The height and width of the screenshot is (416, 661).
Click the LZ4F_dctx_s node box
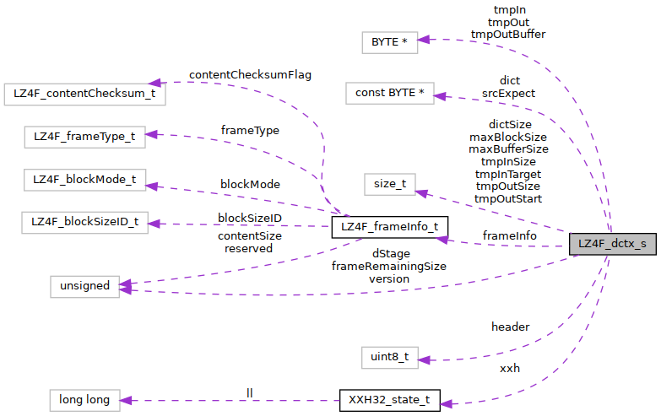pos(612,245)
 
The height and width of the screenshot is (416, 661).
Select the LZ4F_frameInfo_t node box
pos(389,227)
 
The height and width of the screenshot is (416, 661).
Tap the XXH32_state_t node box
pos(389,400)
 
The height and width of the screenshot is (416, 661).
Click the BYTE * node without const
pos(389,42)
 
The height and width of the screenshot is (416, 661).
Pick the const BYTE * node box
pos(389,92)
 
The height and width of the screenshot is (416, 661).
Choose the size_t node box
pos(389,185)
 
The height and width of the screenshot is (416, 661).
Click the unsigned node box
pos(84,285)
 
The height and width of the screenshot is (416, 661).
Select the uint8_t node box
pos(389,357)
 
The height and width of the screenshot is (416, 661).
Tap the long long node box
pos(84,400)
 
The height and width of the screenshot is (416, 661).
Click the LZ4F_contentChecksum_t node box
pos(84,93)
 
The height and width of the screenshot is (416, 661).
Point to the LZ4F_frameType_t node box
pos(84,136)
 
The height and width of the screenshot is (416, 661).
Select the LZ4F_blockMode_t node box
pos(84,180)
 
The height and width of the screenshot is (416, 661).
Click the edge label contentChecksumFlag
pos(250,75)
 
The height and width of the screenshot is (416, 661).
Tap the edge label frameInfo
pos(509,235)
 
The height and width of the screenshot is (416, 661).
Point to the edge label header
pos(510,327)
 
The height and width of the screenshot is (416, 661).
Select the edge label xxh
pos(510,369)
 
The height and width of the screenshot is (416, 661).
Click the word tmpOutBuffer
pos(508,35)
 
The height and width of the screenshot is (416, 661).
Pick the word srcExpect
pos(508,93)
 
